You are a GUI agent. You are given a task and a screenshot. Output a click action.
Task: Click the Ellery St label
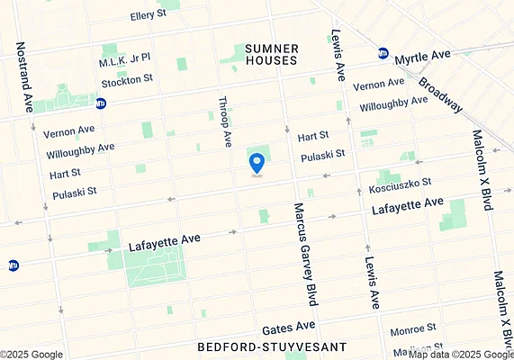coord(149,15)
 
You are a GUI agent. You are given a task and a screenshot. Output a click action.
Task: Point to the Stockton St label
coord(127,80)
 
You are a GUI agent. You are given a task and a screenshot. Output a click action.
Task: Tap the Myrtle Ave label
coord(423,56)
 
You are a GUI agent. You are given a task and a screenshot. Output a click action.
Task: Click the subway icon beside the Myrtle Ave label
coord(383,54)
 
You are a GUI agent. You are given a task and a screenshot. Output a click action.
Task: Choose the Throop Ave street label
coord(227,122)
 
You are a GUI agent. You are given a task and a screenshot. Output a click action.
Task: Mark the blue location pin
coord(257,163)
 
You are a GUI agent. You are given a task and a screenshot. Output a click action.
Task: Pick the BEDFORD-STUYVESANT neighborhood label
coord(259,346)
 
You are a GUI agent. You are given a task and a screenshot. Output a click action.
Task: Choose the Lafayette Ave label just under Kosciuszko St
coord(408,209)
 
